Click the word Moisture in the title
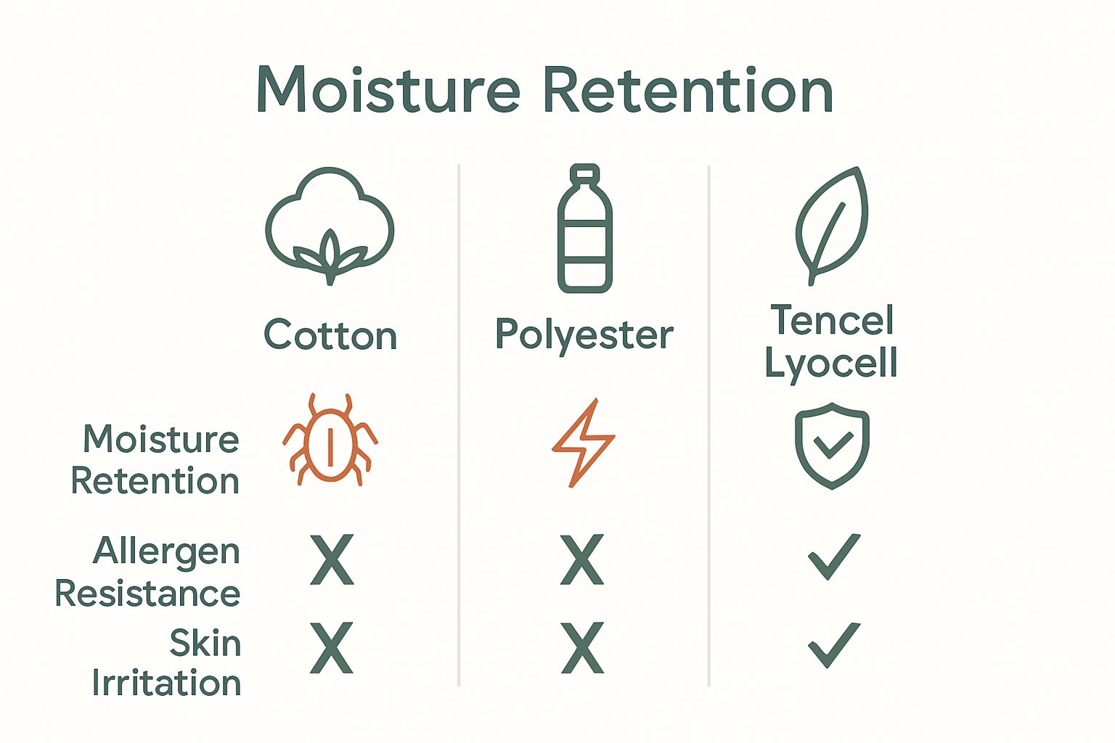[x=388, y=90]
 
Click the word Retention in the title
[x=687, y=90]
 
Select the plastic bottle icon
[x=584, y=229]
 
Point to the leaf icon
[x=832, y=225]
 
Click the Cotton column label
[x=330, y=335]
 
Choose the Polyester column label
[x=584, y=335]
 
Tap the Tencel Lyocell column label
[x=832, y=341]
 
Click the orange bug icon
[x=330, y=440]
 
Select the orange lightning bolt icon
[x=583, y=442]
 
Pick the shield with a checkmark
[x=832, y=445]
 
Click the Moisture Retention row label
[x=155, y=460]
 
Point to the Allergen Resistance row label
[x=148, y=572]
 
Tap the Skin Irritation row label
[x=167, y=663]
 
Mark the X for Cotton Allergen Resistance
[x=332, y=559]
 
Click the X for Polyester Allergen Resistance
[x=582, y=559]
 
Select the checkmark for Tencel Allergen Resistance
[x=833, y=557]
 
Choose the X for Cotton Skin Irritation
[x=332, y=647]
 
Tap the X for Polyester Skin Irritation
[x=582, y=647]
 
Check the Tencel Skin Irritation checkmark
[x=833, y=644]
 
